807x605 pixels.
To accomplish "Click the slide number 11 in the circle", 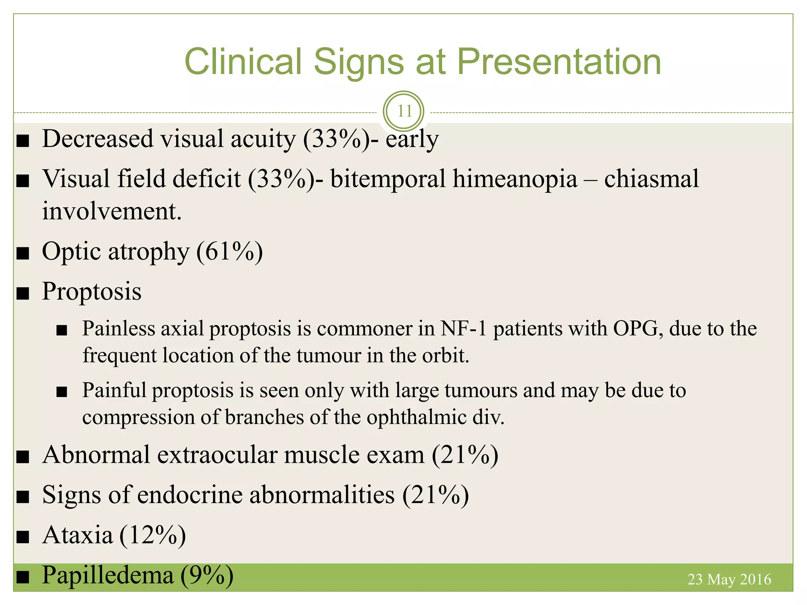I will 404,111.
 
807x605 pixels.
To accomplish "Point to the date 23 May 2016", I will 729,579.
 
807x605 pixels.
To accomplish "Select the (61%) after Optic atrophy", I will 229,252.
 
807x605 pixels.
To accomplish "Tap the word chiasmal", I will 651,179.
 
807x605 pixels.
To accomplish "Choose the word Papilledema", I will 108,575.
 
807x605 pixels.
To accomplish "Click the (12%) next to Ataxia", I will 152,535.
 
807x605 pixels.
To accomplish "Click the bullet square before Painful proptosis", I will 62,392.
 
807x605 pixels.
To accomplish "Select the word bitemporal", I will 388,179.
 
